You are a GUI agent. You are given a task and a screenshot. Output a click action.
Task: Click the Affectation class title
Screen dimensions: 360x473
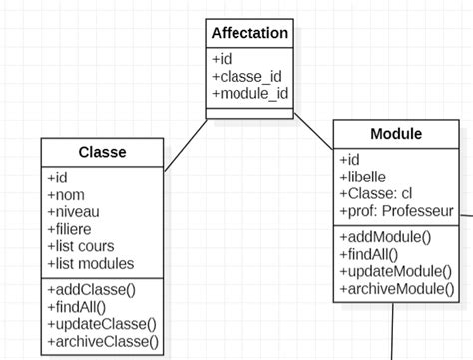tap(249, 34)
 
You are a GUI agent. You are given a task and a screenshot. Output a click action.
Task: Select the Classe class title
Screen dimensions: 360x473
tap(101, 153)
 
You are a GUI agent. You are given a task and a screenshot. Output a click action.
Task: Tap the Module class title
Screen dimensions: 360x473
tap(396, 134)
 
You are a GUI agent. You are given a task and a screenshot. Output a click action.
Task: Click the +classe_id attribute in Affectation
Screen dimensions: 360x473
tap(245, 77)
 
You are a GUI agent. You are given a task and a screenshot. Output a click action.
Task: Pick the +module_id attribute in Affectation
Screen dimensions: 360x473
tap(249, 94)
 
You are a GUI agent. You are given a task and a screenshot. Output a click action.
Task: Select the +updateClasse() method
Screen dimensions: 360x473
tap(102, 325)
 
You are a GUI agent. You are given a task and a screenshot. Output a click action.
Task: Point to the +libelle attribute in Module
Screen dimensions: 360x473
tap(365, 177)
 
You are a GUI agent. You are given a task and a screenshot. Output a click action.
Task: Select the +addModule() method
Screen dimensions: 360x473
tap(385, 237)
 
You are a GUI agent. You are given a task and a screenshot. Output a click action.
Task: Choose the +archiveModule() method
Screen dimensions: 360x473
tap(395, 289)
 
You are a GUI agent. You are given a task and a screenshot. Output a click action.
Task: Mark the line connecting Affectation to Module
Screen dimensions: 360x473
tap(314, 134)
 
